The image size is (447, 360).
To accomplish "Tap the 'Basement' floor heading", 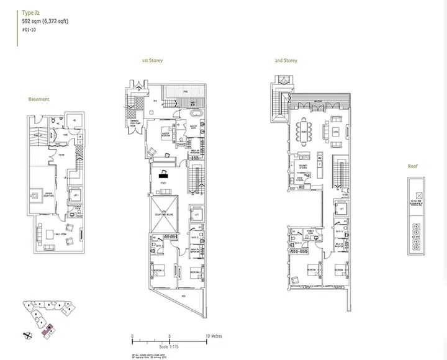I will [x=38, y=99].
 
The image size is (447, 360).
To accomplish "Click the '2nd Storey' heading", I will [x=286, y=61].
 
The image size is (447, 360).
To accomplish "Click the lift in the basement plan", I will [x=74, y=194].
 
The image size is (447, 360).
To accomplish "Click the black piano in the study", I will [x=165, y=174].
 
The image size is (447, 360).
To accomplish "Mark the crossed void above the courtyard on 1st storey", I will [x=163, y=214].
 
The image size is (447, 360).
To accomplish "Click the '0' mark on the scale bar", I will [x=133, y=335].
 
